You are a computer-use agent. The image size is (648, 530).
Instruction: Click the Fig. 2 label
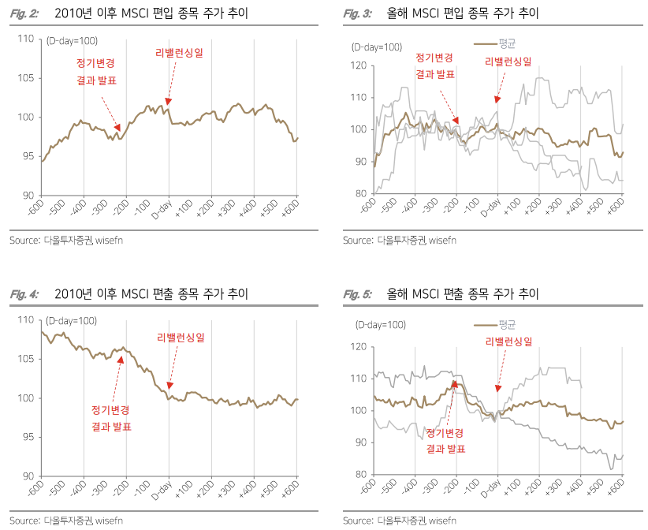pyautogui.click(x=24, y=14)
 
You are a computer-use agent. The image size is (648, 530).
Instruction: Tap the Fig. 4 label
pyautogui.click(x=24, y=294)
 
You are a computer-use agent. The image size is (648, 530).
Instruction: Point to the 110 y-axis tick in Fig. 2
pyautogui.click(x=25, y=39)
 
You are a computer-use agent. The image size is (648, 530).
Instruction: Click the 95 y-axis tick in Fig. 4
pyautogui.click(x=28, y=437)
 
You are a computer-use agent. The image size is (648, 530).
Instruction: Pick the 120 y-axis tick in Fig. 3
pyautogui.click(x=358, y=65)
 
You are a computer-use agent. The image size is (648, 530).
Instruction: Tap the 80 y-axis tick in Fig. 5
pyautogui.click(x=360, y=475)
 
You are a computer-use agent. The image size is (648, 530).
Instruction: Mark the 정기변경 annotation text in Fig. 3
pyautogui.click(x=434, y=58)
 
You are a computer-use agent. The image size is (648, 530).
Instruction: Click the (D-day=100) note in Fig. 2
pyautogui.click(x=72, y=40)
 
